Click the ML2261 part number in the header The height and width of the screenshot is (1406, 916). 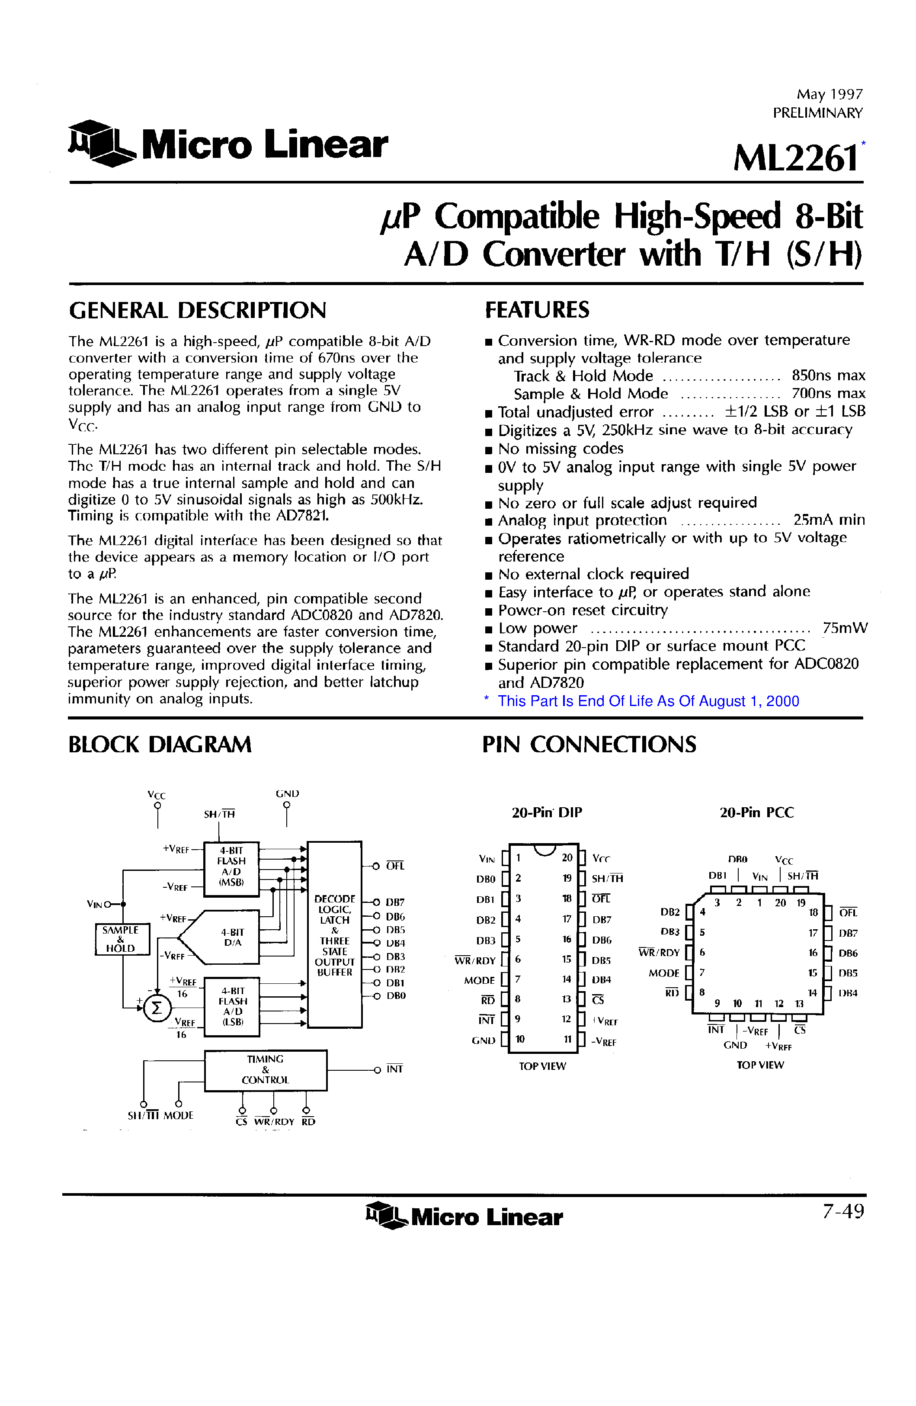point(795,158)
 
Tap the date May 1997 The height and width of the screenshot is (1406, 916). point(829,94)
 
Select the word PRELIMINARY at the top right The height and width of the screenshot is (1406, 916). point(817,113)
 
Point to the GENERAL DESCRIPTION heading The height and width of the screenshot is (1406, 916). point(197,311)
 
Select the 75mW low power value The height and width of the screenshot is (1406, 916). point(845,628)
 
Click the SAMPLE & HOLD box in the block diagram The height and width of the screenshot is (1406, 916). point(122,939)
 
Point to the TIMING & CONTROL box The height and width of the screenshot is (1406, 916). point(265,1070)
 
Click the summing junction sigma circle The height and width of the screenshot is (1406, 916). point(157,1008)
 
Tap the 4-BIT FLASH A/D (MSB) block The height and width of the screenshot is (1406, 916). point(231,867)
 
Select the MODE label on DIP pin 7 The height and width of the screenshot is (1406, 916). point(479,980)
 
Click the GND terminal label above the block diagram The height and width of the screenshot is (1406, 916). point(287,793)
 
